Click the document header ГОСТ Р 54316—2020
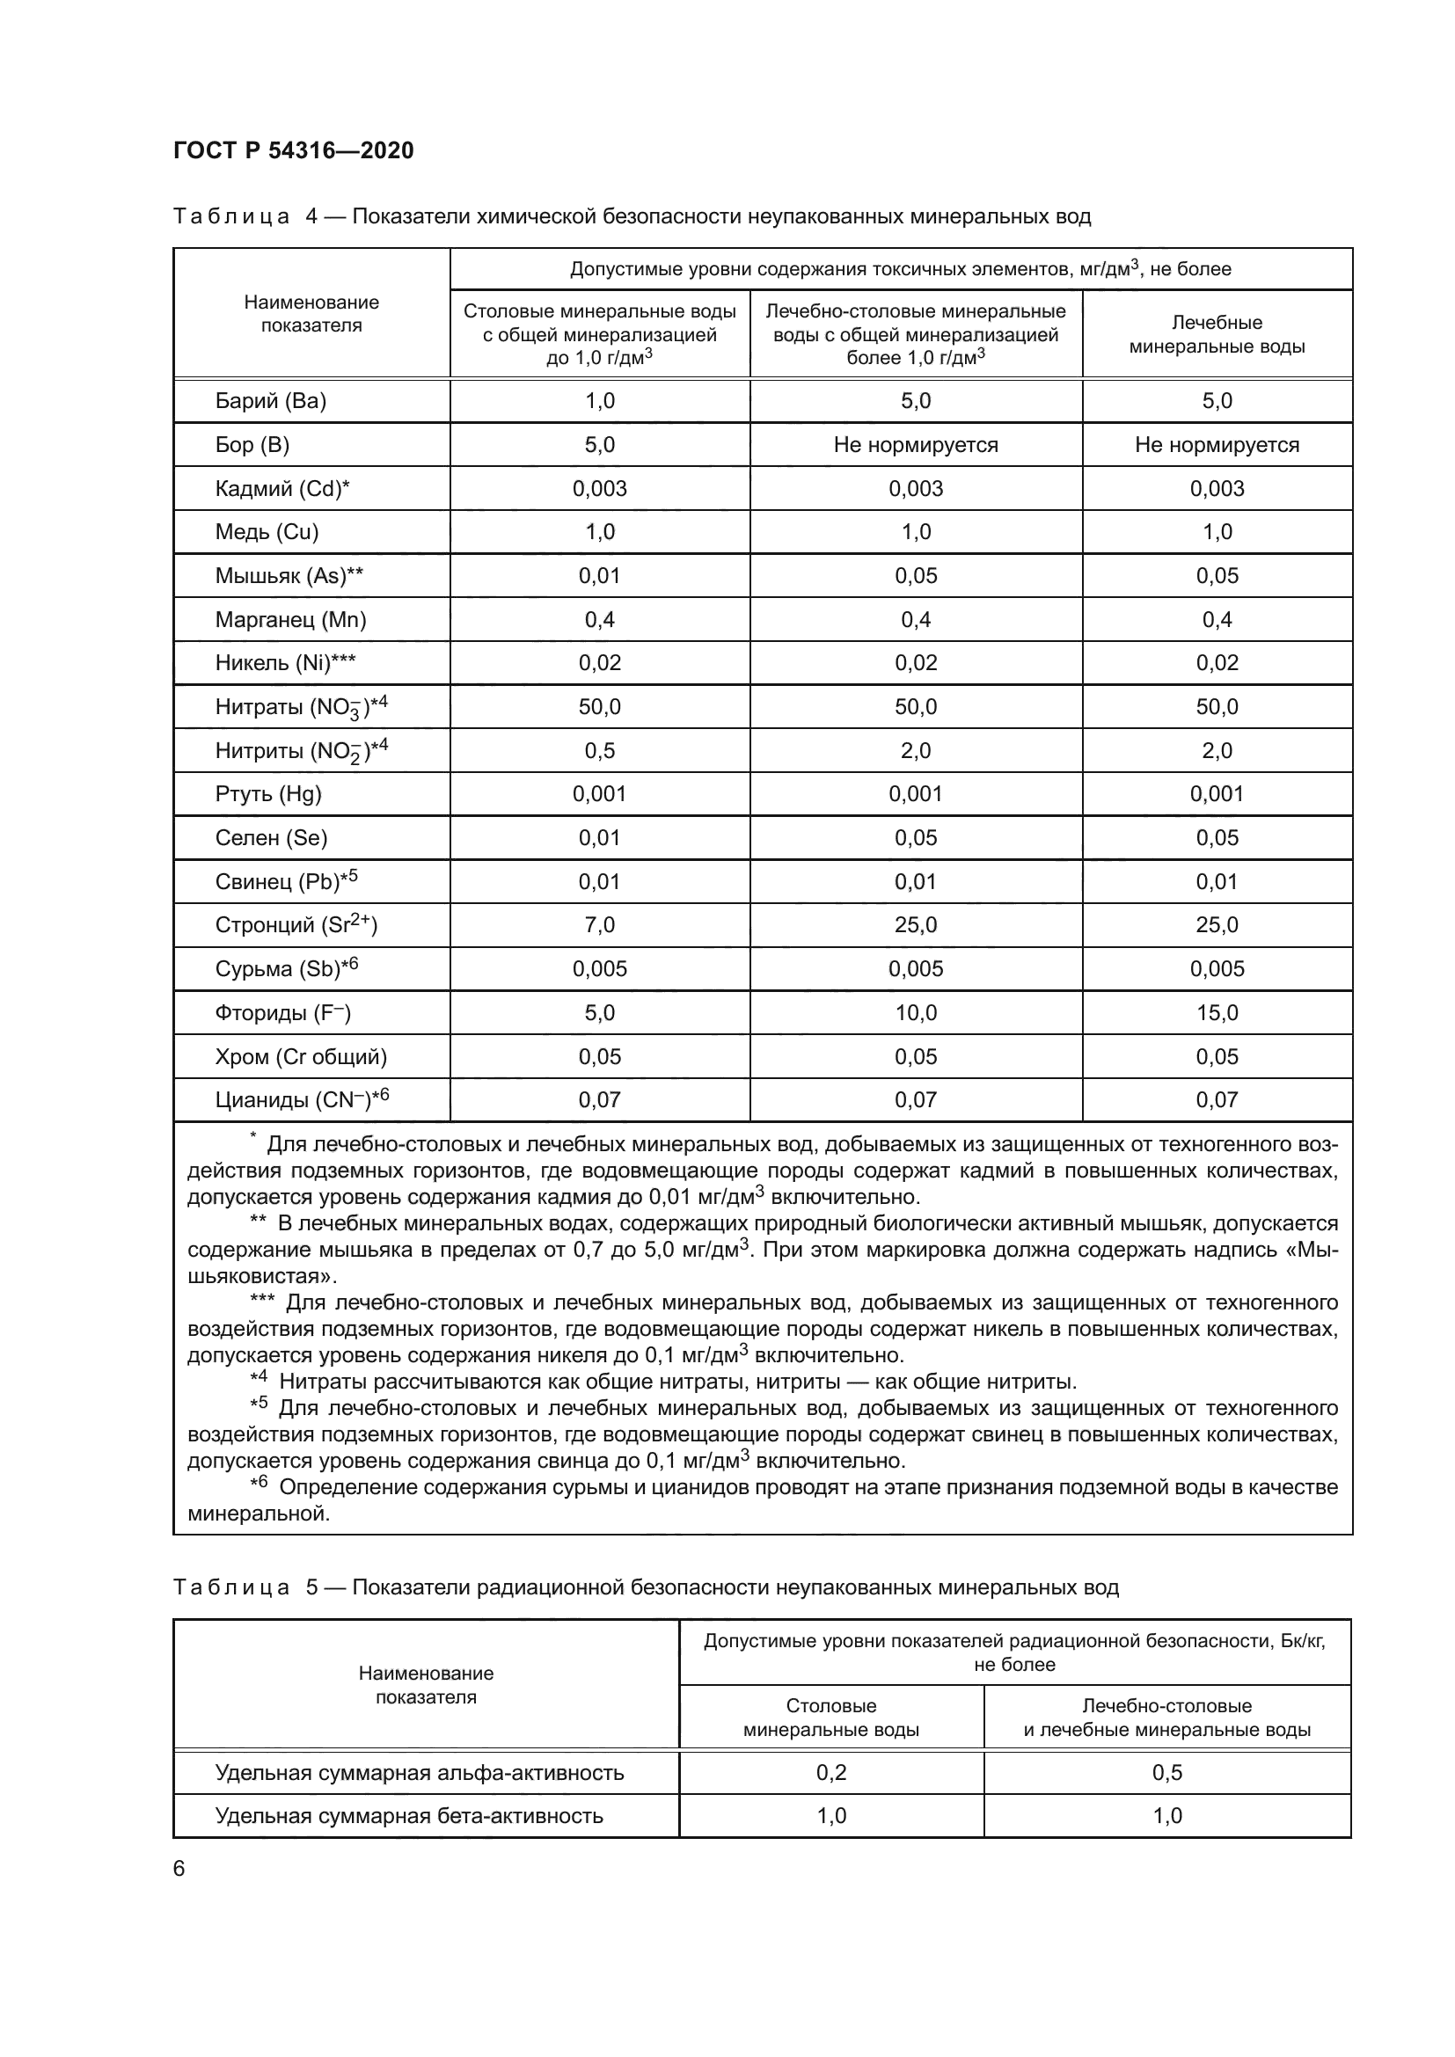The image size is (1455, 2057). point(293,150)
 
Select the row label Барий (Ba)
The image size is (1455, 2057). point(270,400)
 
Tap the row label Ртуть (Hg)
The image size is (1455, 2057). point(268,794)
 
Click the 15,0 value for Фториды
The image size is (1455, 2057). point(1216,1012)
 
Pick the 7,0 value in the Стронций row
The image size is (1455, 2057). point(599,924)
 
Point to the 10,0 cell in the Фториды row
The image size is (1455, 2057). point(915,1012)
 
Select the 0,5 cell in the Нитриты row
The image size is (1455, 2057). point(599,750)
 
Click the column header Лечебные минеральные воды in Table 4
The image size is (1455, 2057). point(1216,334)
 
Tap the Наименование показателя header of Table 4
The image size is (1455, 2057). point(311,314)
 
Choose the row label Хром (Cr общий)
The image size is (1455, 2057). point(300,1056)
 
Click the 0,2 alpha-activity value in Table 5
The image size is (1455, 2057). point(830,1772)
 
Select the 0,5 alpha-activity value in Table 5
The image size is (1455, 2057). point(1166,1772)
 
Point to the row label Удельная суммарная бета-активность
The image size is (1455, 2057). point(408,1816)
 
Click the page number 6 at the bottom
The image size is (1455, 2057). point(179,1869)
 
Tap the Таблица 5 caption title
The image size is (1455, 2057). point(645,1587)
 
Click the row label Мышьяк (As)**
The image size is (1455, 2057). point(289,575)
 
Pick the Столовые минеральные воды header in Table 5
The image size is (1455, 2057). point(830,1718)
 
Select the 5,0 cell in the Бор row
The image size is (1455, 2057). point(599,444)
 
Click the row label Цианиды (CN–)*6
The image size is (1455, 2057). point(301,1099)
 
